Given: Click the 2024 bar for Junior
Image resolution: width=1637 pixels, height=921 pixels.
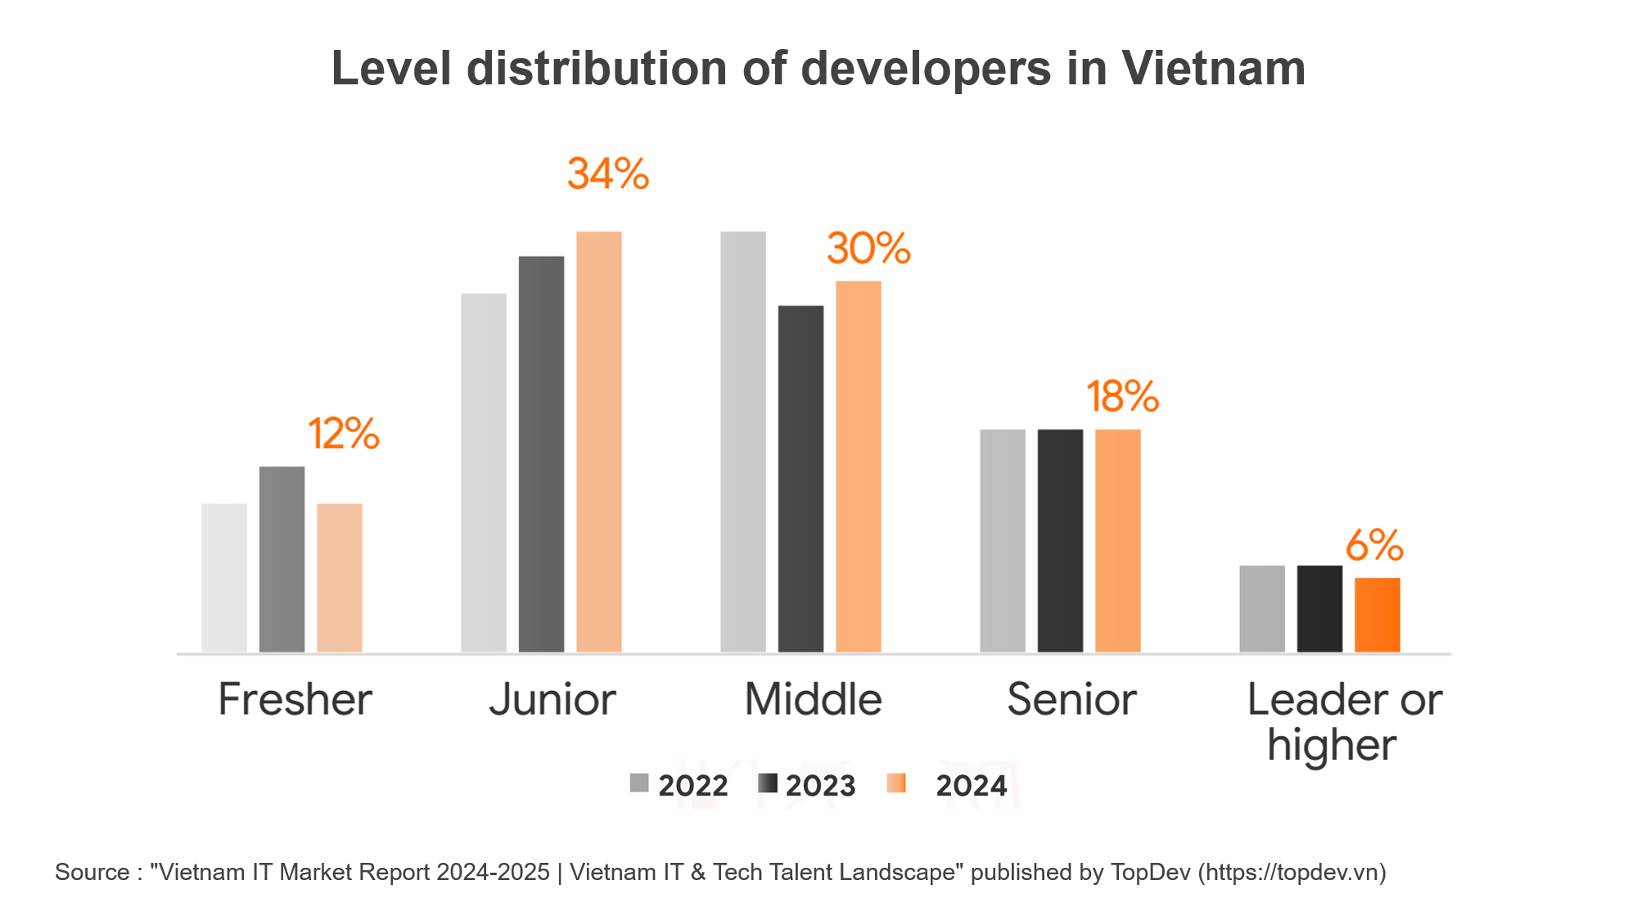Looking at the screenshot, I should pos(598,442).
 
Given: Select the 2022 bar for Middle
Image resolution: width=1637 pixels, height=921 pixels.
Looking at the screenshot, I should pos(743,442).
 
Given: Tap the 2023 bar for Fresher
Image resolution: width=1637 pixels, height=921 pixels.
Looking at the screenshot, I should pos(282,559).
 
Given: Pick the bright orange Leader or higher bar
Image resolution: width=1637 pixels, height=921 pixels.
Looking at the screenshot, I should pos(1377,615).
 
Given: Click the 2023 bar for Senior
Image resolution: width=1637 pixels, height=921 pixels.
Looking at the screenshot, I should pos(1060,540).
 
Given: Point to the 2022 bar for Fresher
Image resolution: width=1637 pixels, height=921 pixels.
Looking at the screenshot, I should pos(224,577).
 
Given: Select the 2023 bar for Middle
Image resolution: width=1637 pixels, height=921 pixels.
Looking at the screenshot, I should pos(800,479).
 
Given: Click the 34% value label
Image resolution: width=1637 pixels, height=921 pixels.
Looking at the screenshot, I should pos(607,174).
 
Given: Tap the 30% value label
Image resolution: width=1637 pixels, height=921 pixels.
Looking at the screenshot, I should pos(868,249).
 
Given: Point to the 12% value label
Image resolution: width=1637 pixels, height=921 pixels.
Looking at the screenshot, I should pos(344,434).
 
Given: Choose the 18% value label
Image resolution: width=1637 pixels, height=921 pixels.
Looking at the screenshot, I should pos(1122,397).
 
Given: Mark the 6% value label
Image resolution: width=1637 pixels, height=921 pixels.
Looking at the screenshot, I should pos(1374,546).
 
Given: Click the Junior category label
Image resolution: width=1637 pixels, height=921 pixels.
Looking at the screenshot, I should pos(552,700).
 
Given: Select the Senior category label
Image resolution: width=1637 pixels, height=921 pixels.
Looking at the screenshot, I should pos(1071,700).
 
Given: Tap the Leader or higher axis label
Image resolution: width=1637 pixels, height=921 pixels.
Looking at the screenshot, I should pos(1342,722).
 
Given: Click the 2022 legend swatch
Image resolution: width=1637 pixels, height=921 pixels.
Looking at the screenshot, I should pos(639,783).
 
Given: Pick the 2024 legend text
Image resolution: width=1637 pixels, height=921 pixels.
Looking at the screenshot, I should pos(971,786).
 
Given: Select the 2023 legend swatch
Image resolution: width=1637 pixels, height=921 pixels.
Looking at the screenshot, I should pos(767,783).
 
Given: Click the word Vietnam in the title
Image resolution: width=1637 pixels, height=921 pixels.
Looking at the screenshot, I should pos(1213,68).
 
